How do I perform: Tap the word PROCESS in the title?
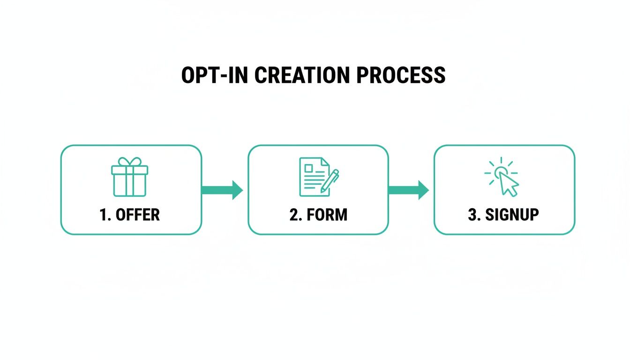tap(401, 75)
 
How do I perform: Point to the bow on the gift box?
tap(129, 161)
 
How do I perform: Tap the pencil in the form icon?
tap(330, 181)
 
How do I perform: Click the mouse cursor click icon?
tap(502, 176)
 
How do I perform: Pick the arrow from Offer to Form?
tap(222, 190)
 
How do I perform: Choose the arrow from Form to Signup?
tap(408, 190)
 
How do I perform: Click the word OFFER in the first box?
tap(137, 215)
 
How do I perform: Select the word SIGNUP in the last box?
tap(512, 215)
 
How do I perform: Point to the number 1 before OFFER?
tap(104, 215)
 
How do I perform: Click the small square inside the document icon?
tap(309, 167)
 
